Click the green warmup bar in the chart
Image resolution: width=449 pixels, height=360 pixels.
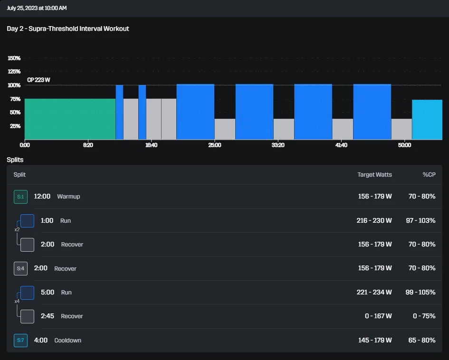point(70,119)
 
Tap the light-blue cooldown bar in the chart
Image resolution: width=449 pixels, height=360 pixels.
point(427,120)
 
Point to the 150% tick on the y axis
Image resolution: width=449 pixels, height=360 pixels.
point(14,58)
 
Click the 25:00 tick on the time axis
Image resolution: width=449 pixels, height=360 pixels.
point(214,145)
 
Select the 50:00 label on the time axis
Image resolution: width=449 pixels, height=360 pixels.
point(404,145)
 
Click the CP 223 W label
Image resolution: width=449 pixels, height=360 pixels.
point(38,80)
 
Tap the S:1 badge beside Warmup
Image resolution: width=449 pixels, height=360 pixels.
point(20,197)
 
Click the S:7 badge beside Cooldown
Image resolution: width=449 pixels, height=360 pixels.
point(20,340)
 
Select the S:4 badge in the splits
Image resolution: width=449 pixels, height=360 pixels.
point(20,268)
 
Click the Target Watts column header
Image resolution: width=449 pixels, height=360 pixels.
point(374,175)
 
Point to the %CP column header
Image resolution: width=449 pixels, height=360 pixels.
point(429,175)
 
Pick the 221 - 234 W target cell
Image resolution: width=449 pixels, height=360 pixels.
point(374,292)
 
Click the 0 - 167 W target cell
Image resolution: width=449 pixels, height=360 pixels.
point(378,316)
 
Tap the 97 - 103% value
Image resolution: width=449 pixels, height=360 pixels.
point(420,221)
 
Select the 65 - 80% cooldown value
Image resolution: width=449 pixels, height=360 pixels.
point(422,340)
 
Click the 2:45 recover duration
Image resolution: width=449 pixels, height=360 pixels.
point(48,316)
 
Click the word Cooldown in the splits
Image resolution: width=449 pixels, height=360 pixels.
point(68,340)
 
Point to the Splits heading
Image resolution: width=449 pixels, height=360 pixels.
point(15,160)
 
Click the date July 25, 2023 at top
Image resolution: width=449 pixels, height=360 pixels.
point(37,8)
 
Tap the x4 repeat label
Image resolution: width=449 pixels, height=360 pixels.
point(17,301)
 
